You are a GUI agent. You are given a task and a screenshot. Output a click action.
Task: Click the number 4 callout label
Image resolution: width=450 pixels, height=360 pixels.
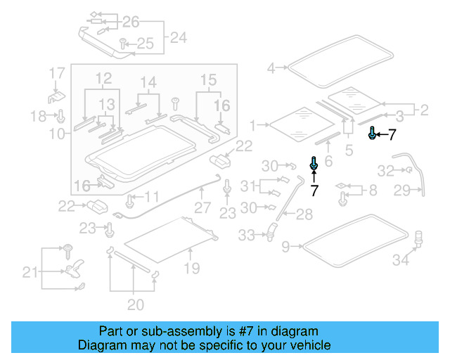point(271,68)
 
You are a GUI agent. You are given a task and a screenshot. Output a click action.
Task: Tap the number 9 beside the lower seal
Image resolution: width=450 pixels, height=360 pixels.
point(285,247)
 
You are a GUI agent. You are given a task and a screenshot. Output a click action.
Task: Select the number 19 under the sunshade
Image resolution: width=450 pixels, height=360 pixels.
point(191,268)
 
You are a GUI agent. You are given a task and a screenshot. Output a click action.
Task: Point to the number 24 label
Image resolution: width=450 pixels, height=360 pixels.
point(179,37)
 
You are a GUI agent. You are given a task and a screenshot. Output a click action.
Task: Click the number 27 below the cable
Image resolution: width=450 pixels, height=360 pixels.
point(202,208)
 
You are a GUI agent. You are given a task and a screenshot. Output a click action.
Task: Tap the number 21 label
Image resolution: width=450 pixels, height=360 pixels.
point(30,272)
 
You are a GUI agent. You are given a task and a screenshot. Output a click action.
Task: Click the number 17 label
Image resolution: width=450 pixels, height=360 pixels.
point(56,72)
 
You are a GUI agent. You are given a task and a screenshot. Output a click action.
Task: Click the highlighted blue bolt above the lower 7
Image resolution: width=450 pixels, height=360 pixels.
point(314,163)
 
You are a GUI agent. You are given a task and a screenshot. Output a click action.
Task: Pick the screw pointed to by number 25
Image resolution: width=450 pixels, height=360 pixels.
point(122,43)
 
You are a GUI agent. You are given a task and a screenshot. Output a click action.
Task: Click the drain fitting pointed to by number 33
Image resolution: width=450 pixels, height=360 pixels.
point(271,230)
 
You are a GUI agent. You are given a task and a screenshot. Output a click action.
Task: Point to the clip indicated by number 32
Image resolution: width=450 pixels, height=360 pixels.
point(406,170)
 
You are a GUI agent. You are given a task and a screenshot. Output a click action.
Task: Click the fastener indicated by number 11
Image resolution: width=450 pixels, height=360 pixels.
point(130,202)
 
